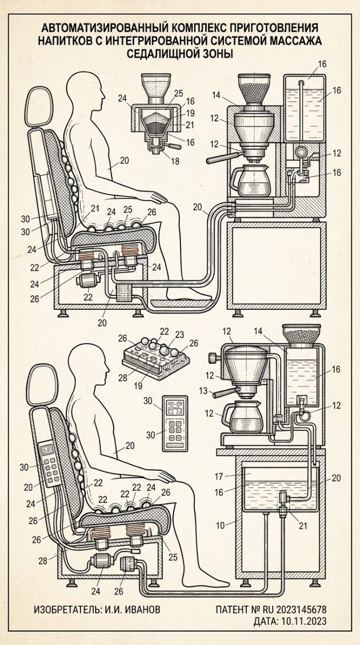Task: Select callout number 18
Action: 175,161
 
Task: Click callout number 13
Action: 203,391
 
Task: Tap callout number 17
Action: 219,476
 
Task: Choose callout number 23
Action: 179,335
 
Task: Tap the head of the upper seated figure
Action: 86,90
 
